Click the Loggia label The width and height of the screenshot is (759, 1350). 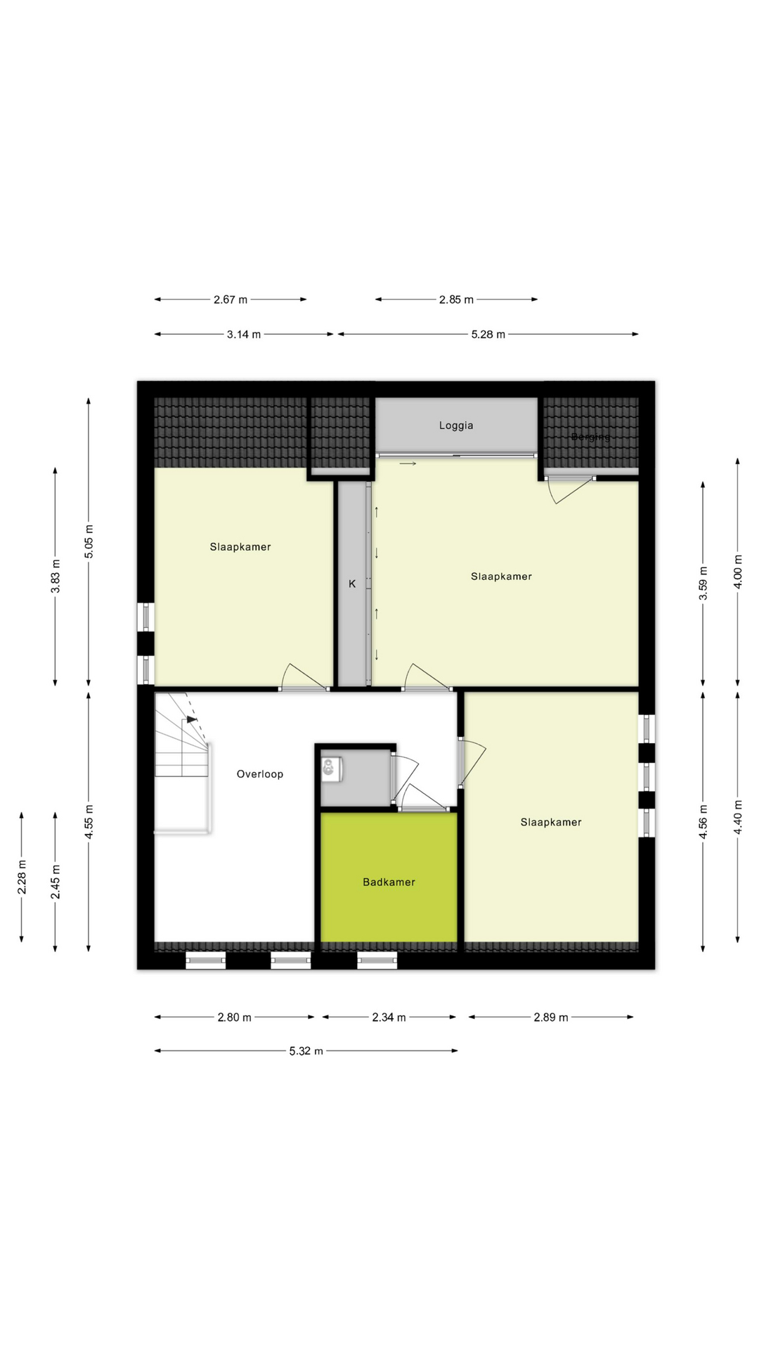(x=456, y=425)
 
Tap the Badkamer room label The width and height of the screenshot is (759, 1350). (x=389, y=882)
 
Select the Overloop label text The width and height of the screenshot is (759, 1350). (x=259, y=774)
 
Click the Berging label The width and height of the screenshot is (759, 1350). (x=590, y=437)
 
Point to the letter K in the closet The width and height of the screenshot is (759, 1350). (x=352, y=584)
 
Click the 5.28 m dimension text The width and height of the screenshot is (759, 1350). (x=488, y=335)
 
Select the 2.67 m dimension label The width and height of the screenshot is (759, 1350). (x=231, y=300)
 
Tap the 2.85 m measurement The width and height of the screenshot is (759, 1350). (x=456, y=300)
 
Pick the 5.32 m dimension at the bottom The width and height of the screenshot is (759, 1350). (x=306, y=1051)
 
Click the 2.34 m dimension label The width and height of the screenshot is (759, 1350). (x=389, y=1017)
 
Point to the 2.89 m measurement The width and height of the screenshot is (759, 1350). (x=550, y=1017)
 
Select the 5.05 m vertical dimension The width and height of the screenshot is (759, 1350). (x=89, y=541)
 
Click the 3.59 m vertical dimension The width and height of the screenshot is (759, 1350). (x=703, y=584)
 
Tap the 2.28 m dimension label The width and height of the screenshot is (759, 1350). (x=22, y=877)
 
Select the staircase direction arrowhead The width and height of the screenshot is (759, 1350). (x=192, y=719)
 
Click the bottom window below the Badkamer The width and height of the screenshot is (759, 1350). (x=377, y=960)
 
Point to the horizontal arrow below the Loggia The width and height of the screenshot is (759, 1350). (x=408, y=463)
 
